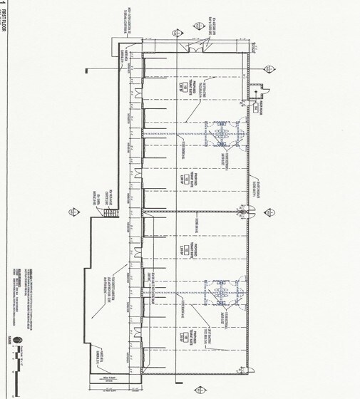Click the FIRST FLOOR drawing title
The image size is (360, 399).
point(6,26)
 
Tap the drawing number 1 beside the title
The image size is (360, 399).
point(6,6)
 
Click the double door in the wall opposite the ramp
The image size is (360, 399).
point(252,211)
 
